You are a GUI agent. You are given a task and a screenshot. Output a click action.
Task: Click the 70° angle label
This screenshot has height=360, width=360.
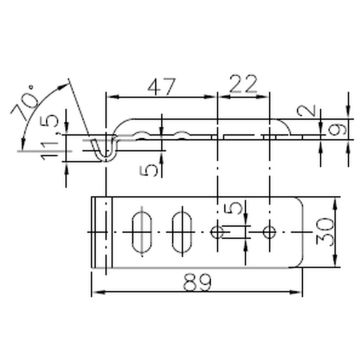tap(24, 103)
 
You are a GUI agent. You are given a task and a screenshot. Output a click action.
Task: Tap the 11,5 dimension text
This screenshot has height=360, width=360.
tap(49, 137)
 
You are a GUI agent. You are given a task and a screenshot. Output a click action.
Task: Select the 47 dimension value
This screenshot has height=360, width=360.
tap(161, 87)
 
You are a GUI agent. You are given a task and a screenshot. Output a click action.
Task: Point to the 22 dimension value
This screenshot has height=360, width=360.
tap(243, 84)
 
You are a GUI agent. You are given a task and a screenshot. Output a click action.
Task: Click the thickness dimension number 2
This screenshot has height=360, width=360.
tap(308, 110)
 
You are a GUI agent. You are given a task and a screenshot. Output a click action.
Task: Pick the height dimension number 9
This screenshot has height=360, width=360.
tap(333, 130)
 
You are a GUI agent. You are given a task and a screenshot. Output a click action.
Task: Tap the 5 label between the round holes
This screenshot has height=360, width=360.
tap(232, 208)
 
